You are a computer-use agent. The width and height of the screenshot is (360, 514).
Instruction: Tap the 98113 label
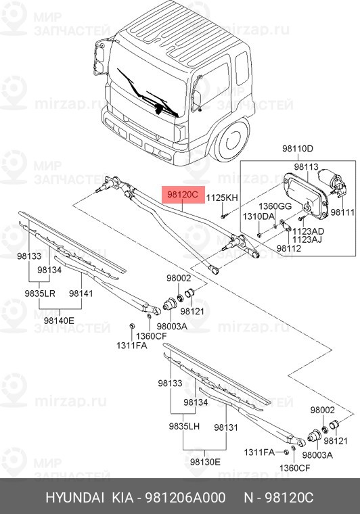(305, 166)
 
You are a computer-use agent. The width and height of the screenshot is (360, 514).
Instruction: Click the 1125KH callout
(223, 197)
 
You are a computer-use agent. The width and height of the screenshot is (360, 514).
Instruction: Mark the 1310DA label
(259, 216)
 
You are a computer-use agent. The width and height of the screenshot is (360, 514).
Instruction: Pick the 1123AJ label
(307, 239)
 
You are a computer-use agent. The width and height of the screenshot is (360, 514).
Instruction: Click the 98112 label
(289, 248)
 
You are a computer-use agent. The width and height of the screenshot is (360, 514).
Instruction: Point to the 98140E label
(59, 320)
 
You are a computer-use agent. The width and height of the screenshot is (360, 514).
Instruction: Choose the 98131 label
(225, 427)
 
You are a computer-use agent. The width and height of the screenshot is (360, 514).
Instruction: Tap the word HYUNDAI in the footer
(71, 498)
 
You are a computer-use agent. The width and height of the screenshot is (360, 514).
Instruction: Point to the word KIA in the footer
(122, 498)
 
